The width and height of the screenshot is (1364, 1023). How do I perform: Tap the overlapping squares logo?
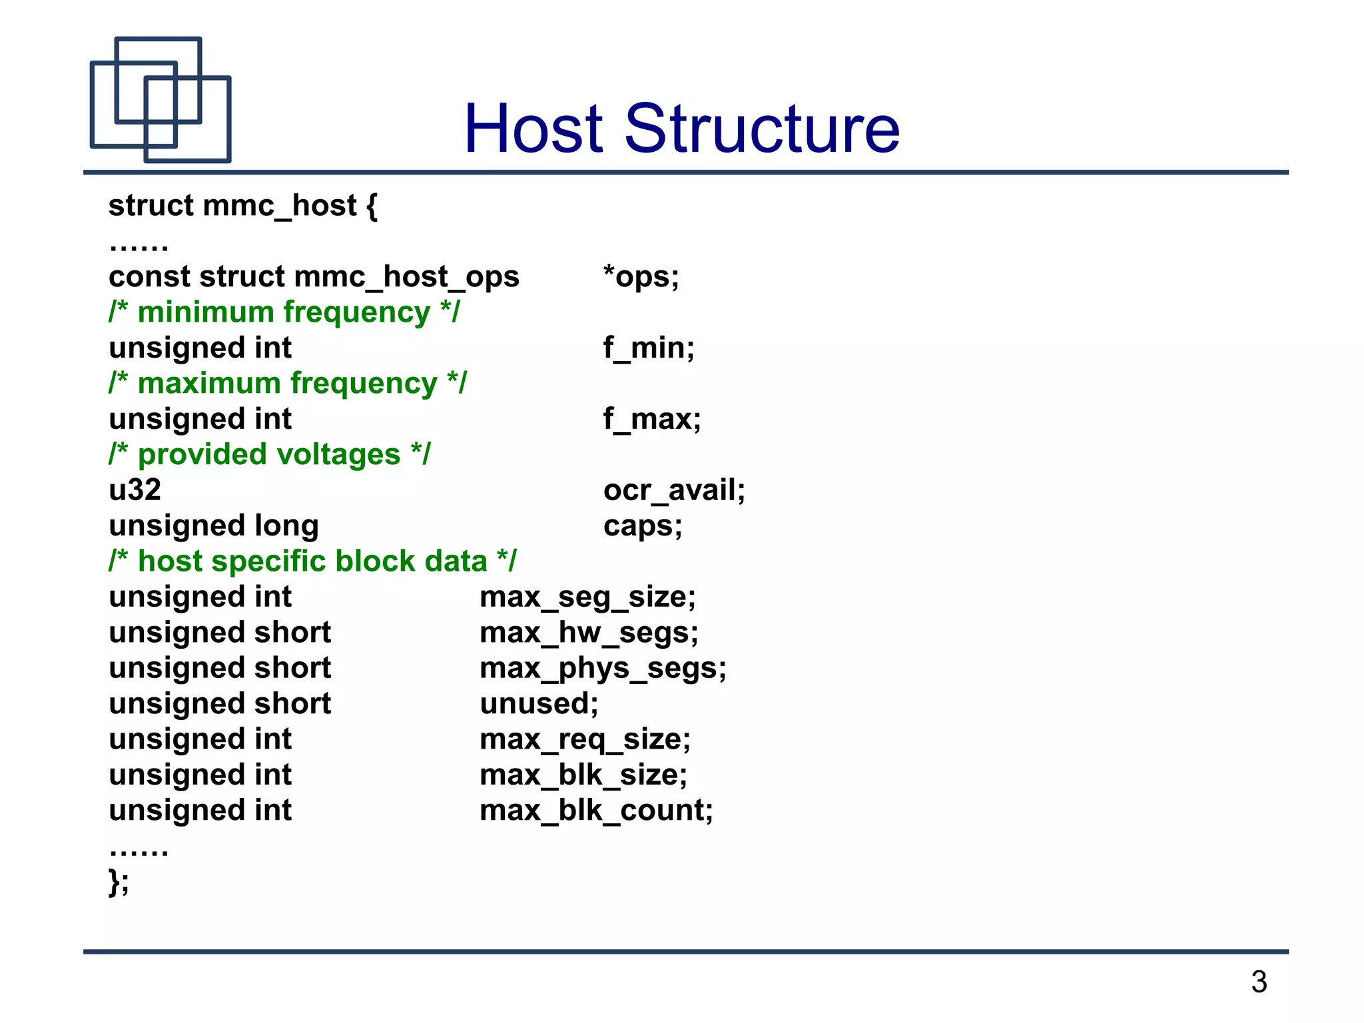[x=161, y=100]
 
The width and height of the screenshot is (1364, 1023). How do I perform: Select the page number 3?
[x=1258, y=982]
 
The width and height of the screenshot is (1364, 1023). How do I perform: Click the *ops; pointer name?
[x=641, y=276]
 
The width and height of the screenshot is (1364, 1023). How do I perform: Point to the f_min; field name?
[x=649, y=348]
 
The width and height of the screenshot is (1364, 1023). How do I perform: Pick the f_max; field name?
[x=652, y=419]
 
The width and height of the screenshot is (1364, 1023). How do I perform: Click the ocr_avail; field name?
[x=674, y=490]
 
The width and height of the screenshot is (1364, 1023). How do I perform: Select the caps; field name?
[x=643, y=526]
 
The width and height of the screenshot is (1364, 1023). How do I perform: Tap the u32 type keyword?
[x=135, y=490]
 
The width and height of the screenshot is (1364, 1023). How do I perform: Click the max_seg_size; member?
[x=587, y=597]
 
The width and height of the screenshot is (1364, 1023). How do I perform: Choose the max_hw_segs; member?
[x=589, y=633]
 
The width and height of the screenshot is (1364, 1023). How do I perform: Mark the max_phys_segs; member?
[x=603, y=668]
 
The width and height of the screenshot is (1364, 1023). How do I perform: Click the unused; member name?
[x=539, y=704]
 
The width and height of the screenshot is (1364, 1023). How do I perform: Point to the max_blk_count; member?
[x=596, y=811]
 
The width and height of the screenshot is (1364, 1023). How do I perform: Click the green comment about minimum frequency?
[x=284, y=312]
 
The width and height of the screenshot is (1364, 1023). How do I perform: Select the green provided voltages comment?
[x=270, y=455]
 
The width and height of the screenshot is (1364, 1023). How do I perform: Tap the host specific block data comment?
[x=312, y=561]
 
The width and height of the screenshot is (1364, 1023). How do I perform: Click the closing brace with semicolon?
[x=119, y=882]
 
